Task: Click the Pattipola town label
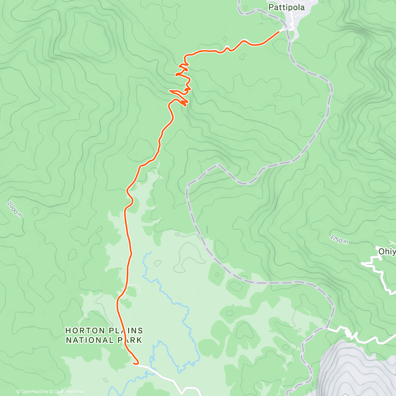286,7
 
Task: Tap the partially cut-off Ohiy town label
386,251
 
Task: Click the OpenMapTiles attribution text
33,392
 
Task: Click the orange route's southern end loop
136,362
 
